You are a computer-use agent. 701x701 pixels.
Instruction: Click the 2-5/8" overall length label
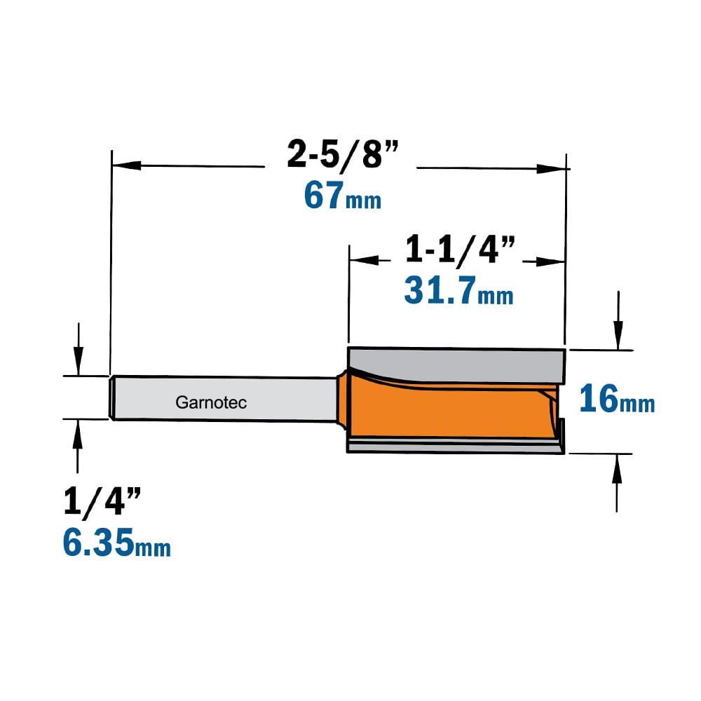tap(343, 154)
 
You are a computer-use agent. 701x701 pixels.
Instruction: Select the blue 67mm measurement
tap(343, 196)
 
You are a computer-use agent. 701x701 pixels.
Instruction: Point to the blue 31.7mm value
tap(458, 291)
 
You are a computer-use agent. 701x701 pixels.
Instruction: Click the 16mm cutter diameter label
tap(617, 399)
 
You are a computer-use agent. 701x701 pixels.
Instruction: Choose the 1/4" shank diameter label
tap(102, 502)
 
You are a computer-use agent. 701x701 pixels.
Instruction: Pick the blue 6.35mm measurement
tap(116, 542)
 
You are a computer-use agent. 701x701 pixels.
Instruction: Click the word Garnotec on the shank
tap(211, 402)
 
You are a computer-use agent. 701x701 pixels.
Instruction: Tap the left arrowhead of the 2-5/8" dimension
tap(126, 165)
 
